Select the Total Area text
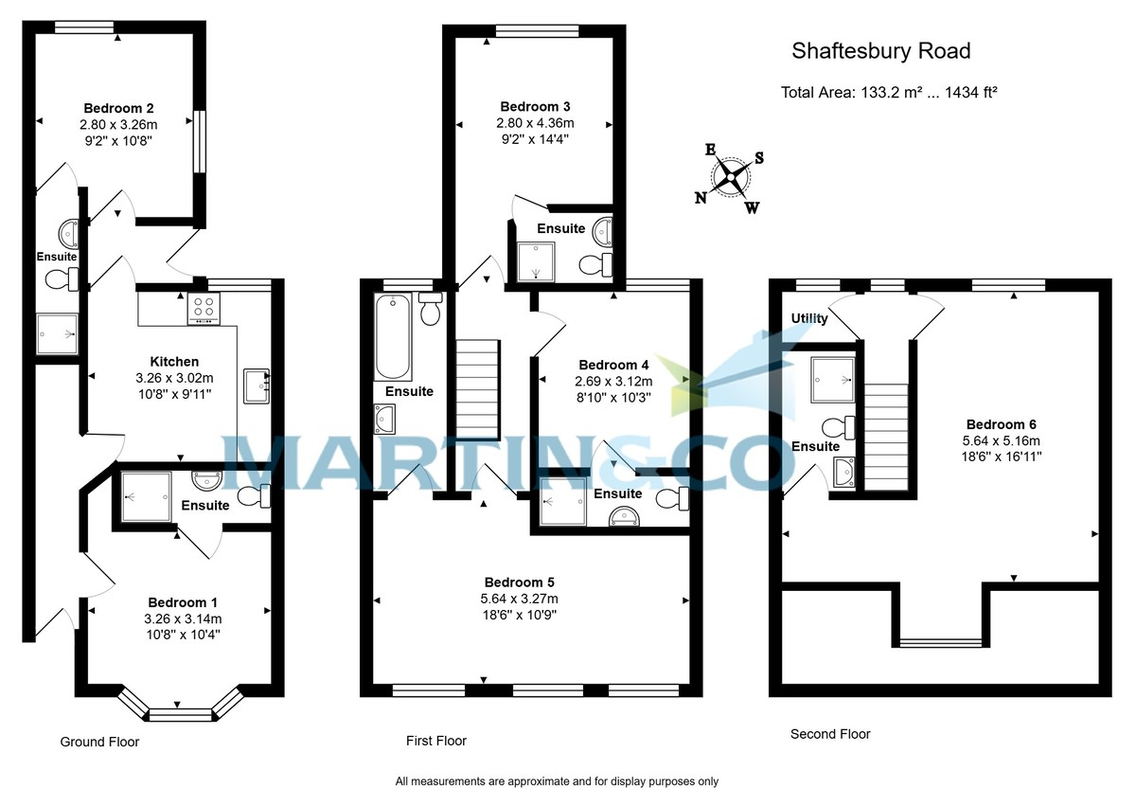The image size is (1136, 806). (890, 93)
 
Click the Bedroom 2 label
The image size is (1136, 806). (118, 107)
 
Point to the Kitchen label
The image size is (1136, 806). (174, 361)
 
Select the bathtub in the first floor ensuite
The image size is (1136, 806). (392, 336)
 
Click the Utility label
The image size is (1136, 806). (809, 319)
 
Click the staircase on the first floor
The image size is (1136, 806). (477, 388)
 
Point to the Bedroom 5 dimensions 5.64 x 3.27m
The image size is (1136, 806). (519, 599)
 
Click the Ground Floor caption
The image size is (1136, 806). (99, 742)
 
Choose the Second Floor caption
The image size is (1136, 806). (830, 734)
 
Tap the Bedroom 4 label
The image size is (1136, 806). (613, 365)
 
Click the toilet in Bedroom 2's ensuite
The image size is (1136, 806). (60, 278)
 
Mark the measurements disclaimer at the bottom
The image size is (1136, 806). (557, 782)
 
